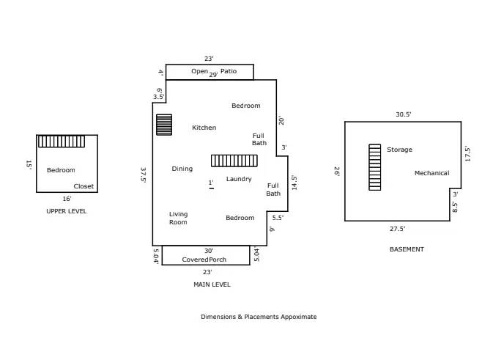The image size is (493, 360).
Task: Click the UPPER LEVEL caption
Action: click(x=66, y=211)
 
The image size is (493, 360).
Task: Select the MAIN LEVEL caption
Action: click(x=212, y=284)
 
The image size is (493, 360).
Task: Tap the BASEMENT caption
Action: click(x=406, y=249)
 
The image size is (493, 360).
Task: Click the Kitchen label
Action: click(x=204, y=128)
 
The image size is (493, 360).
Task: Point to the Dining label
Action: click(x=182, y=169)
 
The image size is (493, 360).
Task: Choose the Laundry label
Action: click(x=239, y=179)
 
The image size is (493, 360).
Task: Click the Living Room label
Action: click(x=178, y=218)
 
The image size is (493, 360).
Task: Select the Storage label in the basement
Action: click(x=399, y=150)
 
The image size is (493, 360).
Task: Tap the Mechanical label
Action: click(x=431, y=173)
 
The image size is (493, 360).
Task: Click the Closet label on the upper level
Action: click(x=84, y=186)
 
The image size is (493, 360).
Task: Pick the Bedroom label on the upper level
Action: click(x=61, y=170)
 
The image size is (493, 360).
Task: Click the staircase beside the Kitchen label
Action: click(x=164, y=125)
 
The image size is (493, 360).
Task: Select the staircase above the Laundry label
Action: click(x=234, y=161)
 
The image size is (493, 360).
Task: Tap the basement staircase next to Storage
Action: click(x=374, y=167)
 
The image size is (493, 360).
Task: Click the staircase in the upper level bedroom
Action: click(x=62, y=142)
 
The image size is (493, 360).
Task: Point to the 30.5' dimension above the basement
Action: click(x=403, y=114)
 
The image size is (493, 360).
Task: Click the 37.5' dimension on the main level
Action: click(x=144, y=175)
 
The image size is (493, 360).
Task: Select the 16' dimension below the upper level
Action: click(x=67, y=199)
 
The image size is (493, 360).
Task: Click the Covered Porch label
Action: click(x=204, y=260)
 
